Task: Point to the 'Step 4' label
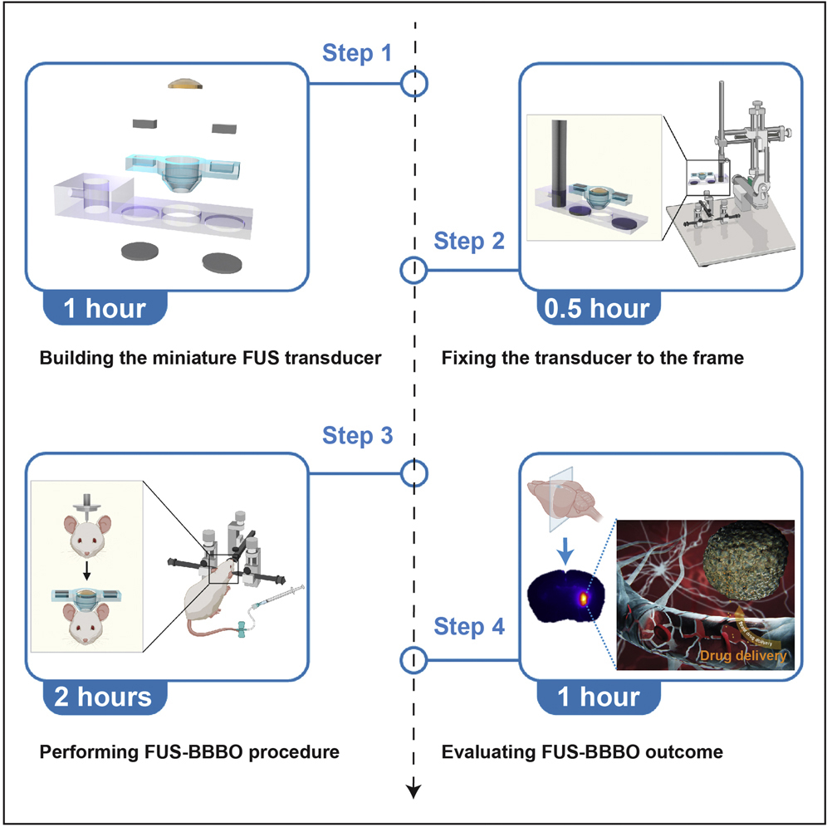(469, 629)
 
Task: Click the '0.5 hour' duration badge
(597, 308)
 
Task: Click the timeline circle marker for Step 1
(413, 83)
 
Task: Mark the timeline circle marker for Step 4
(413, 660)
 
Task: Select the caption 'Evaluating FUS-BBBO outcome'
(582, 752)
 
